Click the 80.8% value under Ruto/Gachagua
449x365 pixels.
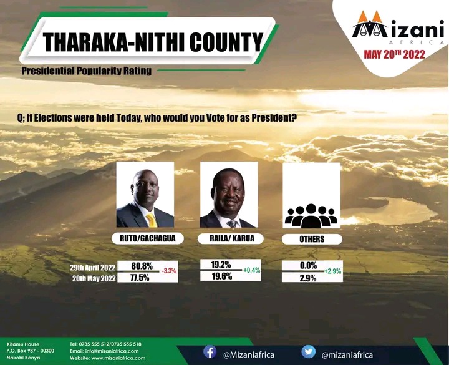[x=142, y=266]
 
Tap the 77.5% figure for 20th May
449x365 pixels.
[x=140, y=278]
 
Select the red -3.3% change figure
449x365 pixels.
[x=169, y=271]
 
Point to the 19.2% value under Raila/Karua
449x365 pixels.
[x=221, y=265]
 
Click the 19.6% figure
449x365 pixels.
[x=222, y=276]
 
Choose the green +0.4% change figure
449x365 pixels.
[x=251, y=270]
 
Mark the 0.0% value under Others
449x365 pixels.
[x=309, y=266]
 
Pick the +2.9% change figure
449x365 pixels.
[x=333, y=271]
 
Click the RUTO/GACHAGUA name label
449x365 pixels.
[x=147, y=238]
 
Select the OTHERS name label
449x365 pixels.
[x=312, y=239]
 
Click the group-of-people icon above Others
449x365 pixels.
[x=311, y=216]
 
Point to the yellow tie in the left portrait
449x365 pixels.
[x=152, y=220]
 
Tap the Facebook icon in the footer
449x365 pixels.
[x=210, y=352]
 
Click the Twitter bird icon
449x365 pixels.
[x=308, y=351]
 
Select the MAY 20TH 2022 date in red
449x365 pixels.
[x=394, y=54]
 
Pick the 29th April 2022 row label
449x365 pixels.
[x=92, y=268]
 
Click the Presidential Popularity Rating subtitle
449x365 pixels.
[x=87, y=71]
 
